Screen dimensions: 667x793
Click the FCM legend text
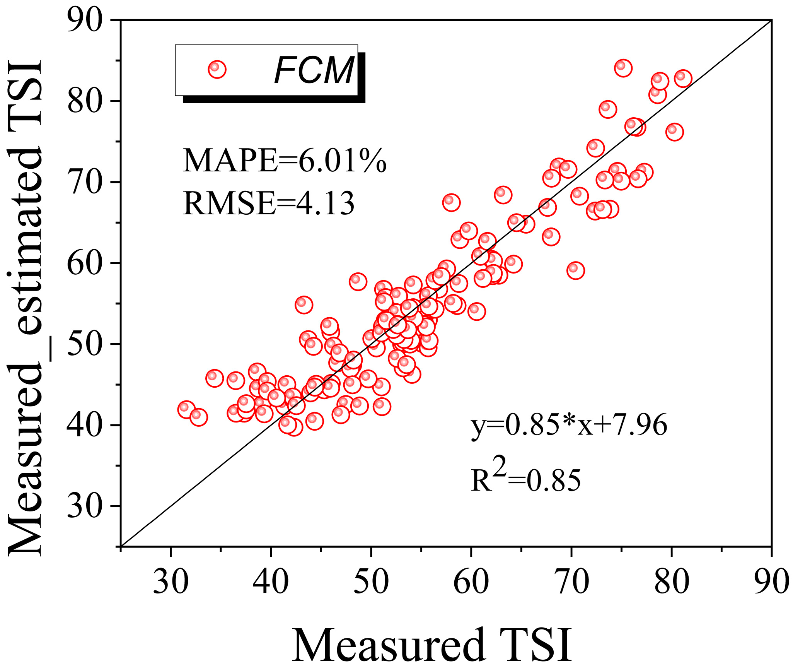click(314, 70)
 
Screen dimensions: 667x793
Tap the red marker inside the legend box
click(217, 69)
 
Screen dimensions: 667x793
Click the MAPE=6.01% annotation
click(285, 161)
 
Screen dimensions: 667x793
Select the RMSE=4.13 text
click(269, 204)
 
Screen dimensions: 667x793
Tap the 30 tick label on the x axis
click(171, 582)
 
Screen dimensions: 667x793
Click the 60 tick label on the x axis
click(471, 582)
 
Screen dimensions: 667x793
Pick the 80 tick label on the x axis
click(672, 582)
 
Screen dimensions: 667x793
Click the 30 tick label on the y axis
click(85, 506)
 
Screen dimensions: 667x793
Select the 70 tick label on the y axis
click(85, 182)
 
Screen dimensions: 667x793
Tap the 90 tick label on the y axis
click(85, 20)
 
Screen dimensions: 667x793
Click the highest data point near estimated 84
click(623, 68)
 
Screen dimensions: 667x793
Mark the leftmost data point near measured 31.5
click(186, 409)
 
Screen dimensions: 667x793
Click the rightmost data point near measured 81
click(683, 79)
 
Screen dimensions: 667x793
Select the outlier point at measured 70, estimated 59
click(575, 270)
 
